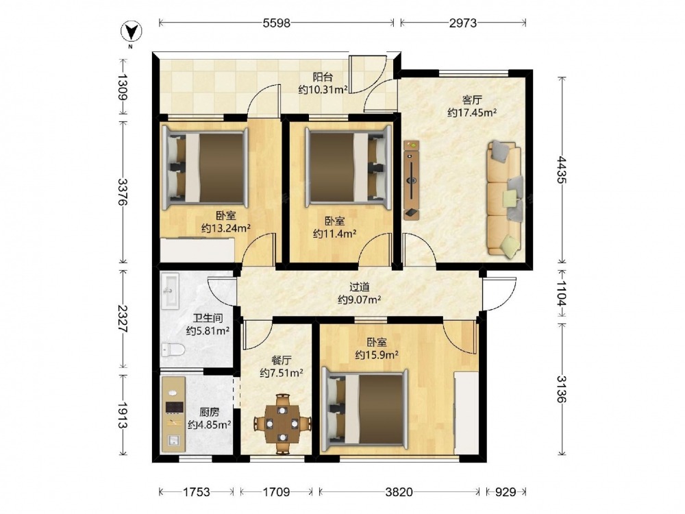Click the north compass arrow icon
pyautogui.click(x=131, y=32)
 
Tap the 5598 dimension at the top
pyautogui.click(x=277, y=23)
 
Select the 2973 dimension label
pyautogui.click(x=463, y=23)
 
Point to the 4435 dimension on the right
pyautogui.click(x=562, y=170)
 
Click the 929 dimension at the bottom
pyautogui.click(x=506, y=492)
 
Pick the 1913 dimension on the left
pyautogui.click(x=122, y=415)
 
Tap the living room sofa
pyautogui.click(x=505, y=197)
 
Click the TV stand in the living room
pyautogui.click(x=411, y=180)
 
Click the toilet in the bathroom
pyautogui.click(x=173, y=350)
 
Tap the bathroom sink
pyautogui.click(x=170, y=291)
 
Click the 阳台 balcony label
pyautogui.click(x=323, y=77)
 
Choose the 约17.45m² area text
pyautogui.click(x=472, y=113)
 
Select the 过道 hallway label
pyautogui.click(x=360, y=287)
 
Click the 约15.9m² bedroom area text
pyautogui.click(x=377, y=355)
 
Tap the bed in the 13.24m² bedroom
pyautogui.click(x=205, y=168)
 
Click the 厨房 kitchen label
pyautogui.click(x=209, y=412)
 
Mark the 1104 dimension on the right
pyautogui.click(x=562, y=293)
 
